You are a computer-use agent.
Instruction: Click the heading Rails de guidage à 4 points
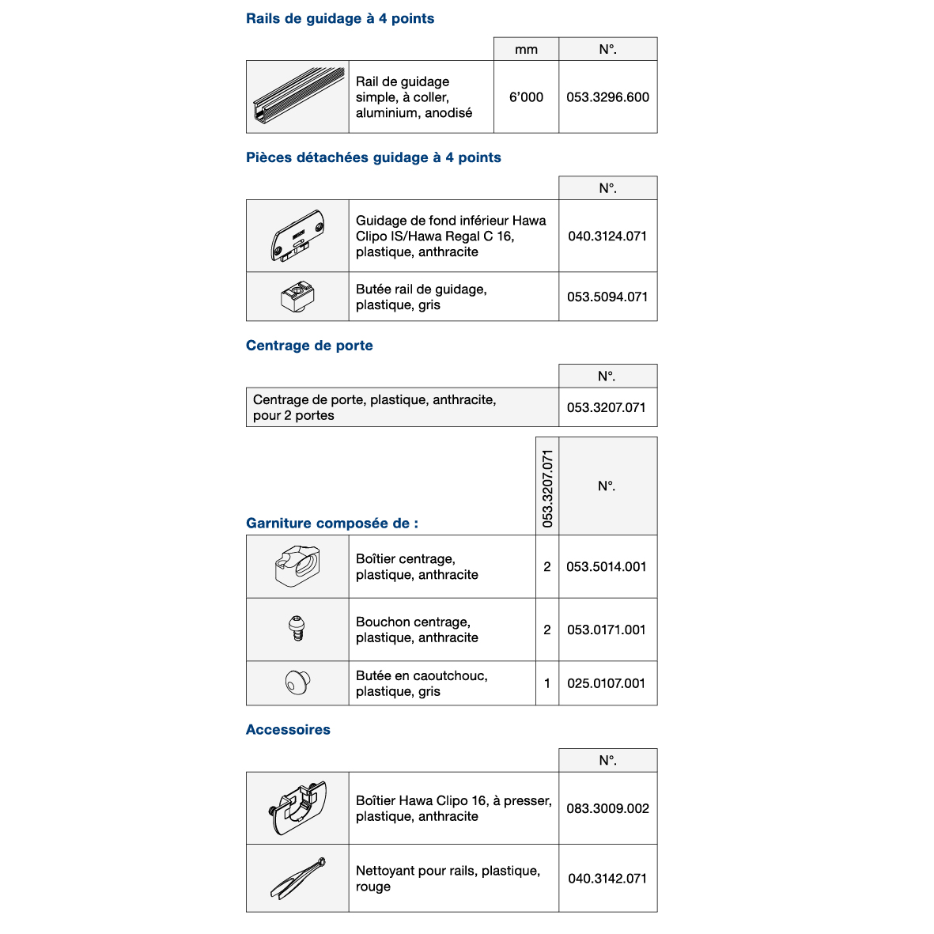click(340, 18)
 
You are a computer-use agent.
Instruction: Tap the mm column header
click(526, 50)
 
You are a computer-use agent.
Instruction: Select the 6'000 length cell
click(526, 97)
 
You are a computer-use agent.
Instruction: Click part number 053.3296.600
click(607, 97)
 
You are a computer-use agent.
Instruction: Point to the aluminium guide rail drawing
click(298, 97)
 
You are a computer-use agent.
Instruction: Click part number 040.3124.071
click(607, 236)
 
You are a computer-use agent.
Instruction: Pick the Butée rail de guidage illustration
click(297, 297)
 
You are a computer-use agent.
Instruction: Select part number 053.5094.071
click(607, 297)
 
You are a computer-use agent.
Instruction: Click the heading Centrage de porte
click(309, 346)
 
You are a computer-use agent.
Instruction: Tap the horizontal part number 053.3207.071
click(607, 407)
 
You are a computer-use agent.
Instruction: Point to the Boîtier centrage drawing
click(297, 566)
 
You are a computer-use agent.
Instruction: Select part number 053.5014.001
click(607, 566)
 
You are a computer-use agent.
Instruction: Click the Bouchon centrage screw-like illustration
click(297, 630)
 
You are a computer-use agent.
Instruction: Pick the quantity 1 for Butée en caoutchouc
click(547, 683)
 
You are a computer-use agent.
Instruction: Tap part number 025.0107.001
click(607, 683)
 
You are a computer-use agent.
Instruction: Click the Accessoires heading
click(288, 730)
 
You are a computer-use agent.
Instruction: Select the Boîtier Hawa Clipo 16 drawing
click(297, 808)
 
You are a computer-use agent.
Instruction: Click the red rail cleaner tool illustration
click(297, 878)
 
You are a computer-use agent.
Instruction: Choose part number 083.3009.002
click(607, 808)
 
